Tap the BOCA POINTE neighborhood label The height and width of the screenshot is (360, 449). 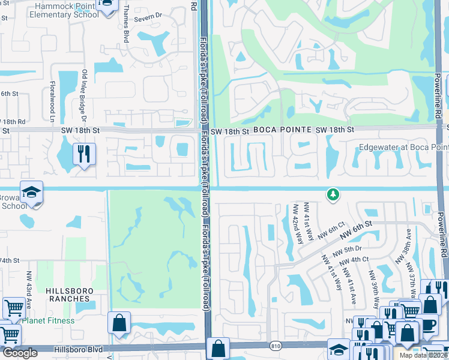(x=282, y=130)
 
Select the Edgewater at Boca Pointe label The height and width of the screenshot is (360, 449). (x=403, y=147)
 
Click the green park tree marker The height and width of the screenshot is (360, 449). (x=333, y=194)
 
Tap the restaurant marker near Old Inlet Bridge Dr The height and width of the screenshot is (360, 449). (x=83, y=154)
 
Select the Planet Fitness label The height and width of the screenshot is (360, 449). (x=48, y=320)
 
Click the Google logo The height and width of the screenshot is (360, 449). (x=20, y=353)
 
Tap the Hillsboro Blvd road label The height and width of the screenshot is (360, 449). (x=70, y=348)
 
